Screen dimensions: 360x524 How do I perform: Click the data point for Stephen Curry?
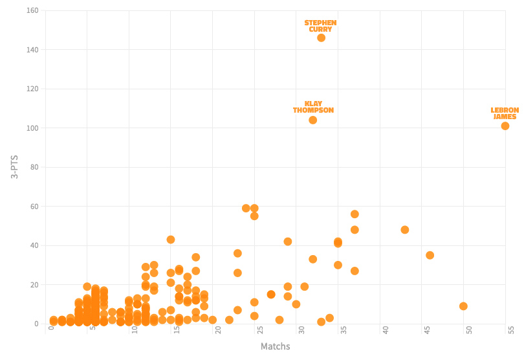(321, 38)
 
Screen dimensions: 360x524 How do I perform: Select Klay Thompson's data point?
(312, 120)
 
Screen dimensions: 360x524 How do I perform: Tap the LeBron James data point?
(505, 126)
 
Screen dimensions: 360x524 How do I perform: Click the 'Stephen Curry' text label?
(320, 26)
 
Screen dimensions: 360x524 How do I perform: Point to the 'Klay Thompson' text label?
(313, 107)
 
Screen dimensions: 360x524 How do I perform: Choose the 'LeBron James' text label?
(505, 113)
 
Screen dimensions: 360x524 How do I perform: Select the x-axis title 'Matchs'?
(275, 347)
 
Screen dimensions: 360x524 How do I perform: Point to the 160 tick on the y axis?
(32, 10)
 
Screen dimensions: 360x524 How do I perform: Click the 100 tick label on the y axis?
(32, 128)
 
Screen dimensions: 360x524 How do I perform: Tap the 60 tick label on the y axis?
(34, 207)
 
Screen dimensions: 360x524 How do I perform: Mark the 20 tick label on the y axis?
(34, 285)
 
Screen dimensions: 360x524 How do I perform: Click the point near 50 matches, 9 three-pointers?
(463, 306)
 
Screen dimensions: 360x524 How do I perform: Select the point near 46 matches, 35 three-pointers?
(430, 255)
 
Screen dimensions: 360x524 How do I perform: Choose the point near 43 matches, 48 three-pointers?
(405, 230)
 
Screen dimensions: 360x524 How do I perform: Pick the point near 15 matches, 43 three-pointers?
(171, 240)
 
